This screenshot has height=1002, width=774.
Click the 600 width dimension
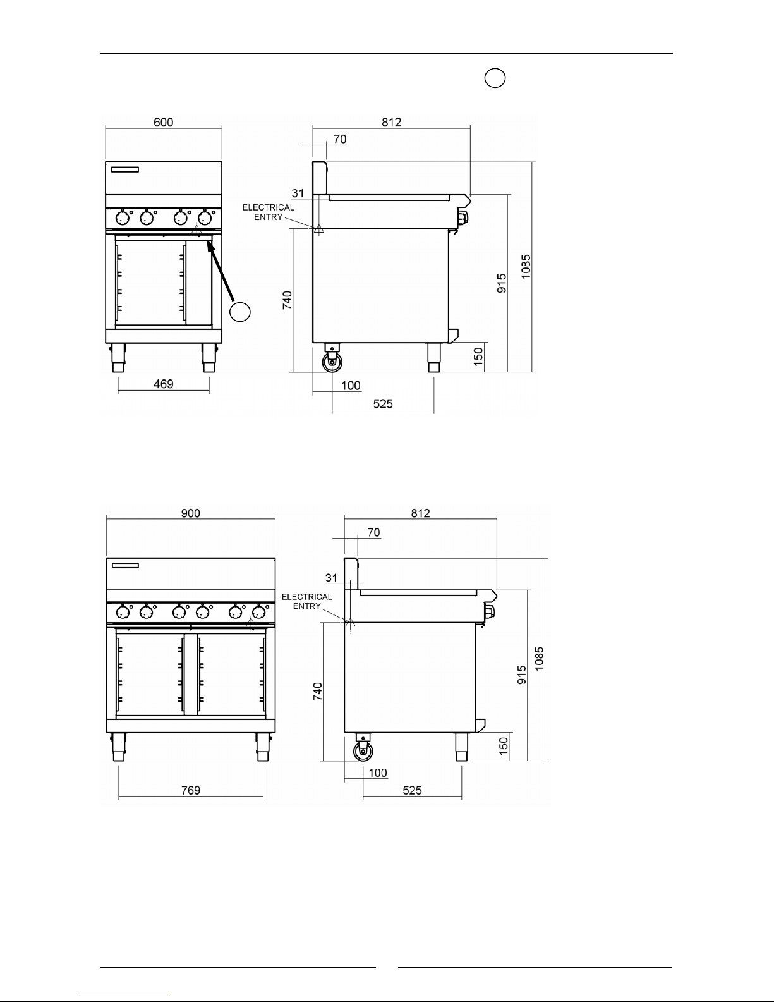(163, 122)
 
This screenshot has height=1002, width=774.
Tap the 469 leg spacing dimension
(163, 384)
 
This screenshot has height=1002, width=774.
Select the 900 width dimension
(190, 513)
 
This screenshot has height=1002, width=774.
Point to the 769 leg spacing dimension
(190, 790)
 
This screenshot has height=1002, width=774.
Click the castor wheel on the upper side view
(332, 362)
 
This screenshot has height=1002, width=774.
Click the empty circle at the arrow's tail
(240, 312)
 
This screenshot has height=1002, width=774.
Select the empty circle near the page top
(495, 78)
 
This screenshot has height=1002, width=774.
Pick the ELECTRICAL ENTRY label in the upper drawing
(268, 212)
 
